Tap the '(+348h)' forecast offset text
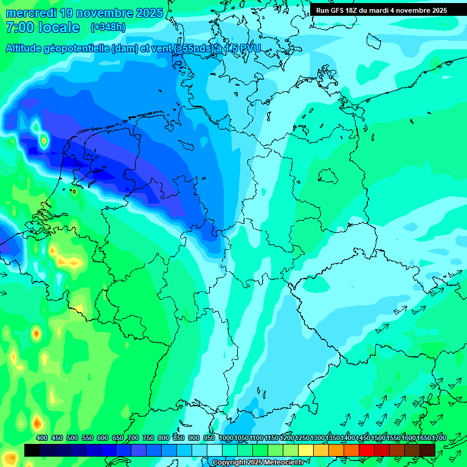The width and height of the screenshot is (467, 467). [108, 27]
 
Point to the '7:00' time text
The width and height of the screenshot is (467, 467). [19, 28]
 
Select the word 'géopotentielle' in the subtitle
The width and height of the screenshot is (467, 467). [77, 49]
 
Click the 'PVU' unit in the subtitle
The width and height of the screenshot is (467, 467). [249, 49]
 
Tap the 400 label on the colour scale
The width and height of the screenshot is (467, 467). [42, 438]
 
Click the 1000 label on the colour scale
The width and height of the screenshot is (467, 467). [226, 438]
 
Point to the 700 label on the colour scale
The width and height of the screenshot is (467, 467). [133, 438]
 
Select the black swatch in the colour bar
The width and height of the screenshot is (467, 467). [32, 450]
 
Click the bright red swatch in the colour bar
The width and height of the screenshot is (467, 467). [367, 450]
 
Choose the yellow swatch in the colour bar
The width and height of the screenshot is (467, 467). [306, 450]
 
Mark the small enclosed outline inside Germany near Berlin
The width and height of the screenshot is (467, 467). [328, 176]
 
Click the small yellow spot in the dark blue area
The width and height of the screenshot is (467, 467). [44, 142]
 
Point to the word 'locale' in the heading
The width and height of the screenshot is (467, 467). [59, 28]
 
